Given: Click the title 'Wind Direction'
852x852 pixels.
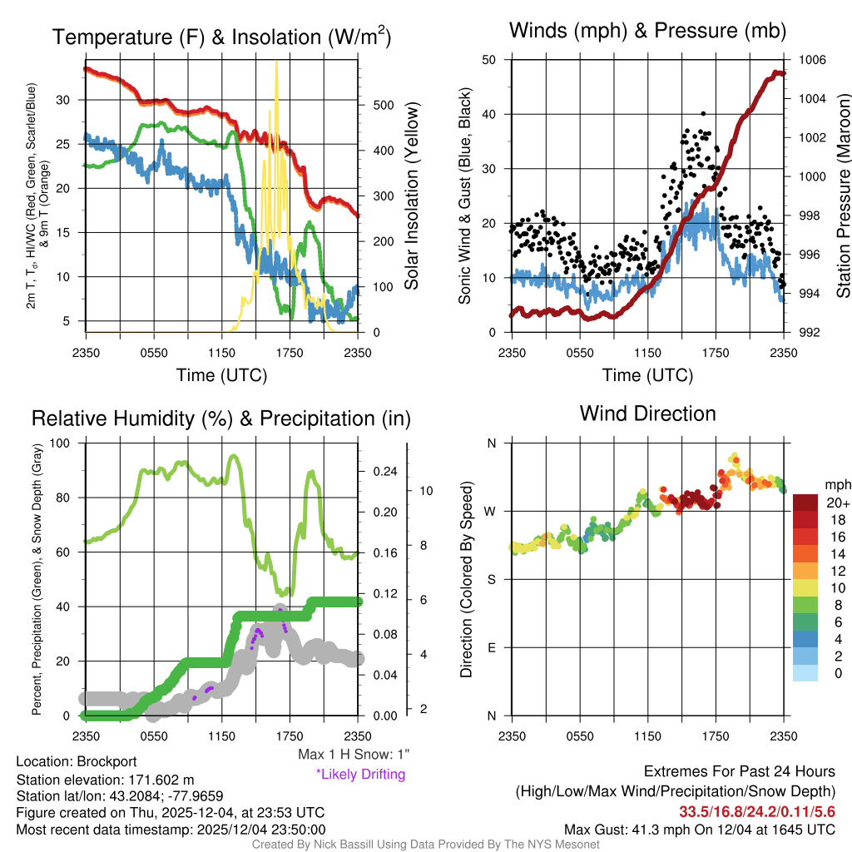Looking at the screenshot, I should click(647, 414).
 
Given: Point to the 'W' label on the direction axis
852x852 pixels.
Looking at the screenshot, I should click(491, 512).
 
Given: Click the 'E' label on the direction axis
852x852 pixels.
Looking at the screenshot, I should click(492, 647).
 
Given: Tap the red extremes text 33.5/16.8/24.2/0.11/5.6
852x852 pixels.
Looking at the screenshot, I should click(756, 811).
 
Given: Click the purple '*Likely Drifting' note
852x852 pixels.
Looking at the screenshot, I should click(360, 774).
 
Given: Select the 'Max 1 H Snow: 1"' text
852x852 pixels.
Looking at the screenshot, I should click(354, 755).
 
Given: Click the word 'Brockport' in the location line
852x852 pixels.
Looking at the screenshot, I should click(106, 761).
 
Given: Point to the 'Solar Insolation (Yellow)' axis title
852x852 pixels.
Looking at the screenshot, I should click(412, 196).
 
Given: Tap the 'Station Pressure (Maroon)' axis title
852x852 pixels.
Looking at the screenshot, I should click(842, 196).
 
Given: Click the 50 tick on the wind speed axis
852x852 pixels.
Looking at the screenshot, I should click(489, 60).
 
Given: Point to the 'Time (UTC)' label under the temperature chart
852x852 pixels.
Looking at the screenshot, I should click(221, 375).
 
